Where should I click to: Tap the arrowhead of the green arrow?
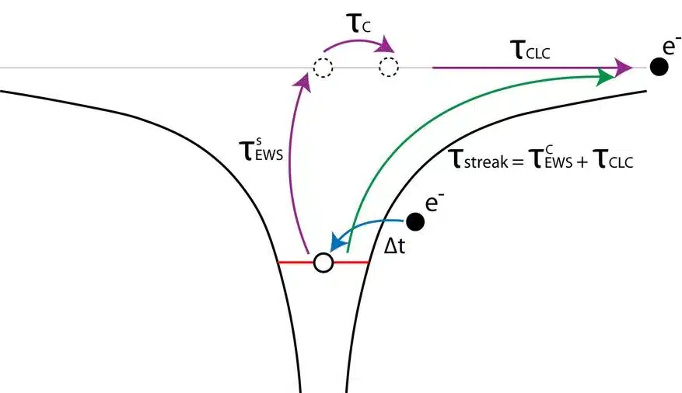pyautogui.click(x=606, y=77)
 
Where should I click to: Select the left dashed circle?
pyautogui.click(x=324, y=68)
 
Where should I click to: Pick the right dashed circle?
pyautogui.click(x=388, y=68)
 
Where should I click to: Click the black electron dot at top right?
pyautogui.click(x=659, y=67)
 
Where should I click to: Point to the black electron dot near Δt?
pyautogui.click(x=415, y=221)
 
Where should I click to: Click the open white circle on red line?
pyautogui.click(x=324, y=263)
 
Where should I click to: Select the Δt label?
pyautogui.click(x=395, y=246)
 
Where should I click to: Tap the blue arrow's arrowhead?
pyautogui.click(x=337, y=242)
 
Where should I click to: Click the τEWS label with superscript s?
pyautogui.click(x=261, y=150)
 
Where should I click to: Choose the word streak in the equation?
pyautogui.click(x=486, y=162)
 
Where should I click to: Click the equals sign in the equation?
pyautogui.click(x=518, y=162)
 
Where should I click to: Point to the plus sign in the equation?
pyautogui.click(x=582, y=162)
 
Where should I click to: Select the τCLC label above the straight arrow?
pyautogui.click(x=530, y=50)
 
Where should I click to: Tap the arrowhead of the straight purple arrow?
pyautogui.click(x=624, y=68)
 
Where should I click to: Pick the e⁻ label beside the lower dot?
pyautogui.click(x=434, y=203)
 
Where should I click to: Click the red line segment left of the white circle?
pyautogui.click(x=296, y=263)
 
